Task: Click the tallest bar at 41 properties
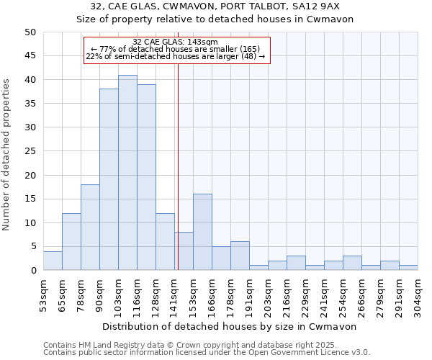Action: coord(127,173)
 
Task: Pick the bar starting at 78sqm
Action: coord(90,228)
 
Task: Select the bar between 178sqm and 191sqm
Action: coord(240,256)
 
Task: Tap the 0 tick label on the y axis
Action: coord(32,271)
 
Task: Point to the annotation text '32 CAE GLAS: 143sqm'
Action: coord(176,42)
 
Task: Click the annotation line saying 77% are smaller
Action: coord(176,49)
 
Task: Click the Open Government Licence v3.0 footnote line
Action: coord(207,352)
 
